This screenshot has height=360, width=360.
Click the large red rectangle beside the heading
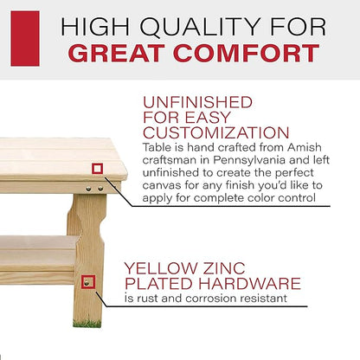25,38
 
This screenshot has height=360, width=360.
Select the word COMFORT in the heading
246,54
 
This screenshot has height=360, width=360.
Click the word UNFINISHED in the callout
197,102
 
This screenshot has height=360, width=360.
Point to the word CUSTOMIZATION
216,132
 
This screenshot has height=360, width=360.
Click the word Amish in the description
305,147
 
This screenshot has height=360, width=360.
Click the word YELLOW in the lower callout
160,268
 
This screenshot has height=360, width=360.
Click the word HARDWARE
249,283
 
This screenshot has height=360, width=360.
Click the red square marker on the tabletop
97,169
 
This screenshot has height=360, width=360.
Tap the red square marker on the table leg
88,282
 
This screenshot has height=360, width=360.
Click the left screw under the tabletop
89,189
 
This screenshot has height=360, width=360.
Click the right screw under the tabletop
100,189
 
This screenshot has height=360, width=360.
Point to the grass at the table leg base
87,324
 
